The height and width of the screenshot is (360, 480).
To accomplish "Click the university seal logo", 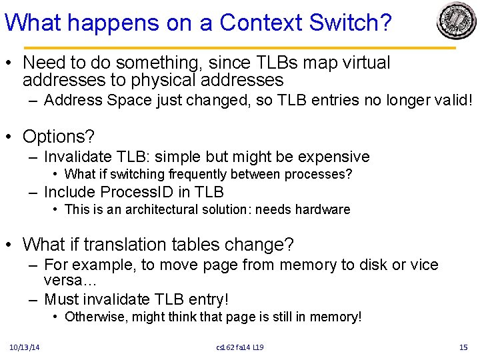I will pyautogui.click(x=457, y=21).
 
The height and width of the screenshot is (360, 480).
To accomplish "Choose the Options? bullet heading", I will pyautogui.click(x=59, y=137).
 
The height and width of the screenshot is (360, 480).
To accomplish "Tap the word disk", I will pyautogui.click(x=372, y=265).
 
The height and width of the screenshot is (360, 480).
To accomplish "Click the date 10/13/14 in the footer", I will pyautogui.click(x=25, y=347).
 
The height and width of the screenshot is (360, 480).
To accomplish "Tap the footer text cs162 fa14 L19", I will pyautogui.click(x=240, y=347).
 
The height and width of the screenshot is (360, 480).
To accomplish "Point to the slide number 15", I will pyautogui.click(x=464, y=347).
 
